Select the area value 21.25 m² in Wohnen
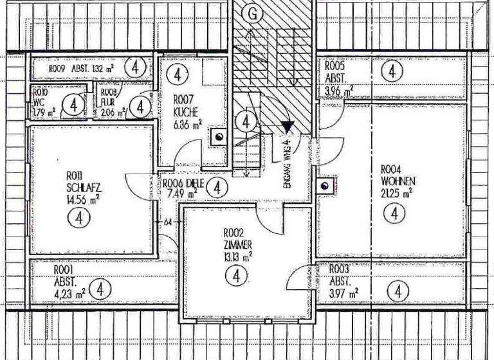pyautogui.click(x=396, y=192)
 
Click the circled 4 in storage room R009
pyautogui.click(x=135, y=67)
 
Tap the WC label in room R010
pyautogui.click(x=39, y=102)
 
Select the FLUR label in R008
pyautogui.click(x=109, y=102)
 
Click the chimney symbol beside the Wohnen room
pyautogui.click(x=325, y=186)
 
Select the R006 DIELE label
pyautogui.click(x=181, y=183)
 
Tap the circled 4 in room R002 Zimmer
pyautogui.click(x=237, y=276)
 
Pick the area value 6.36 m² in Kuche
pyautogui.click(x=187, y=123)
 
